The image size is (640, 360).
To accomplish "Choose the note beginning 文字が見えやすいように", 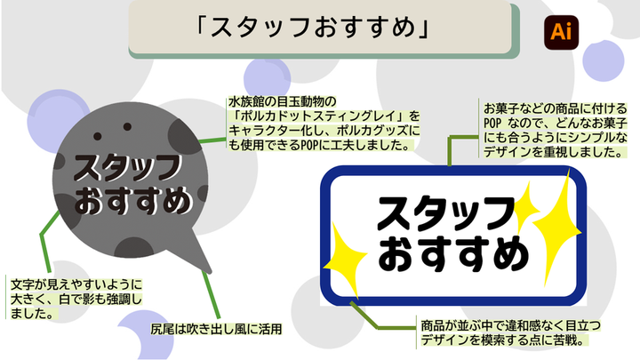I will click(x=75, y=299).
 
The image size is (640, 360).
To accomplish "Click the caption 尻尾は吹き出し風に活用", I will click(x=217, y=330).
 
